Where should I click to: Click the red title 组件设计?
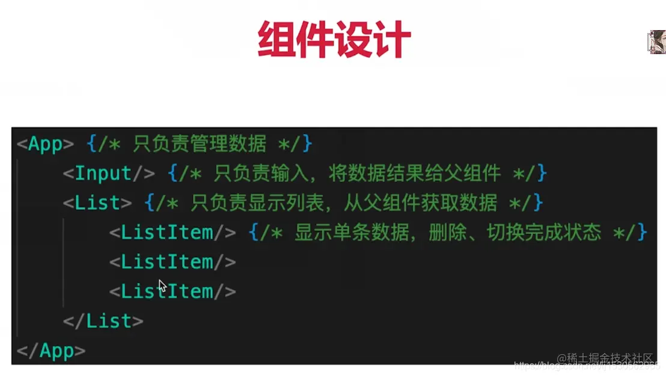coord(334,40)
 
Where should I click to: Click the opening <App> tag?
coord(45,144)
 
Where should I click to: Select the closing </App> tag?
coord(51,351)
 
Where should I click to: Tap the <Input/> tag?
coord(109,174)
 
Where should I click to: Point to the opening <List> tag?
coord(97,203)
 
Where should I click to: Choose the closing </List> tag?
coord(103,321)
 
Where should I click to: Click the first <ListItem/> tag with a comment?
coord(173,233)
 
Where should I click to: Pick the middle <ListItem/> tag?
coord(173,262)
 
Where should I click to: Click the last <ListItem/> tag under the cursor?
coord(173,292)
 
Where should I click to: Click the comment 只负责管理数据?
coord(199,144)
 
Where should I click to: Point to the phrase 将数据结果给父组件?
coord(415,174)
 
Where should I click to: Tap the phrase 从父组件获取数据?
coord(421,203)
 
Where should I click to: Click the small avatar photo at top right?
coord(656,41)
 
